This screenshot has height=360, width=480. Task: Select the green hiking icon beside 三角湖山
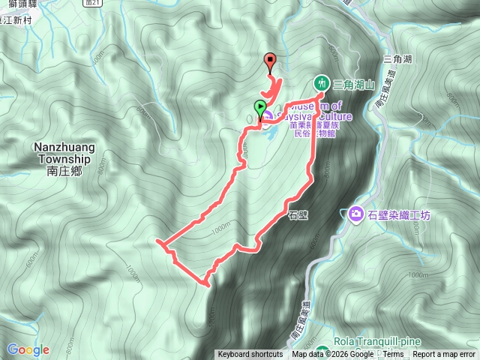(x=322, y=82)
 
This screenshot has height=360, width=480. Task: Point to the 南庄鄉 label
(x=62, y=170)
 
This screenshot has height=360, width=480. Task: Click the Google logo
(x=28, y=349)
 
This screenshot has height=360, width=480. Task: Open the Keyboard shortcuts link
(x=250, y=355)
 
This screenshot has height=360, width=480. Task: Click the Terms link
(x=393, y=355)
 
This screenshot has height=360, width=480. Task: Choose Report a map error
(x=445, y=355)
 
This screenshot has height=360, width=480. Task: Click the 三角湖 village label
(x=395, y=58)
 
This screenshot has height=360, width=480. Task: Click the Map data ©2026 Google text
(x=332, y=355)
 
